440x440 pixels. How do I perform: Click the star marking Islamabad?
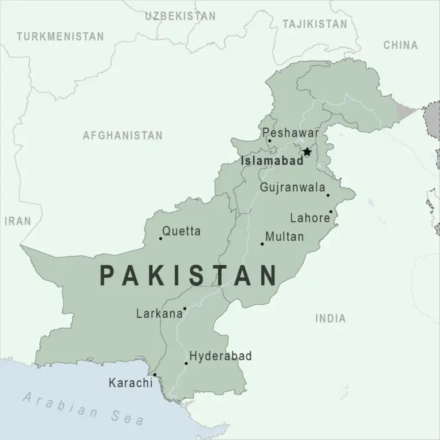point(307,152)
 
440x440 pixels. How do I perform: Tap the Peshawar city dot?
point(269,140)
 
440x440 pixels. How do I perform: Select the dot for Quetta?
point(160,238)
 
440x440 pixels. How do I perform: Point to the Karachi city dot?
point(155,375)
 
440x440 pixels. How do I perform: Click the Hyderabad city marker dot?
point(186,363)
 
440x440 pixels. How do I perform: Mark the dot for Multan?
point(262,244)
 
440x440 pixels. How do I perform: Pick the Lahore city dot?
point(331,211)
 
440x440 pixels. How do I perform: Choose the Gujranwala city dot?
point(328,195)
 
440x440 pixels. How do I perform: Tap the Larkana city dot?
point(184,308)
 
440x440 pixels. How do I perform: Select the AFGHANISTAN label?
point(123,136)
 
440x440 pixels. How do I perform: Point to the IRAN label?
point(18,221)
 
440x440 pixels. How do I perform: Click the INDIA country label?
point(331,319)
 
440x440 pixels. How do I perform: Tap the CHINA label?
point(400,45)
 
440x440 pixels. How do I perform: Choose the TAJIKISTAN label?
point(315,24)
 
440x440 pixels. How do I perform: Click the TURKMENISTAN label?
point(60,37)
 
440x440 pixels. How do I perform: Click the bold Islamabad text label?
point(272,162)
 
